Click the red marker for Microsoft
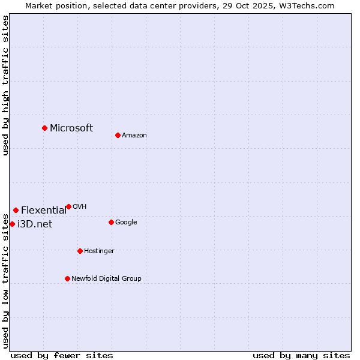coord(44,128)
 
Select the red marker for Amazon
coord(118,135)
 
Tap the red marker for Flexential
coord(16,210)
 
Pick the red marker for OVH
coord(68,206)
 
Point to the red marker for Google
coord(111,222)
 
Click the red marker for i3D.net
coord(12,224)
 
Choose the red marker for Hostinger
coord(80,251)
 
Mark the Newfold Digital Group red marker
coord(67,278)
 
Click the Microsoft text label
coord(71,128)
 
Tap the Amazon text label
coord(134,136)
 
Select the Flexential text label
coord(44,210)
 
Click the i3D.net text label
coord(35,224)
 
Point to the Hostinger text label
coord(99,251)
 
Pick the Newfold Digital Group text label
coord(106,278)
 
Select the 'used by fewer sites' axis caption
coord(62,355)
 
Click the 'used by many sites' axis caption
coord(301,355)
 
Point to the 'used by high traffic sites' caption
coord(5,86)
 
